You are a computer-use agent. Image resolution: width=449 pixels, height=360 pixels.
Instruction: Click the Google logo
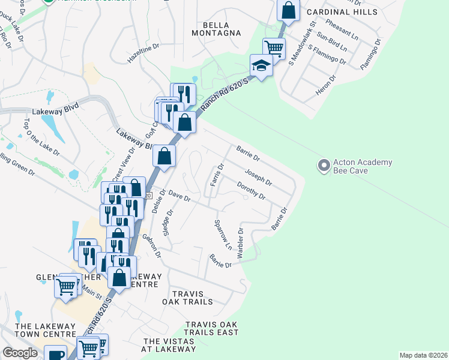click(x=20, y=353)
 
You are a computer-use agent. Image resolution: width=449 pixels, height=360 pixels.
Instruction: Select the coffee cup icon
click(x=56, y=355)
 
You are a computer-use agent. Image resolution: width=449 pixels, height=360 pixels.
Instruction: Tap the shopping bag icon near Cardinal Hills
click(x=288, y=10)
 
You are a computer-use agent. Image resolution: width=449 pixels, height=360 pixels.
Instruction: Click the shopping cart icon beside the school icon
click(x=274, y=47)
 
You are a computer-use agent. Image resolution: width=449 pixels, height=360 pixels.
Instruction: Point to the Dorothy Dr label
click(x=252, y=191)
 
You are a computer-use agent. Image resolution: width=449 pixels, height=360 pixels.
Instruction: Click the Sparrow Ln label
click(x=221, y=235)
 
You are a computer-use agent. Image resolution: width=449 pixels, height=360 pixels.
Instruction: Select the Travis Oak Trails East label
click(x=211, y=328)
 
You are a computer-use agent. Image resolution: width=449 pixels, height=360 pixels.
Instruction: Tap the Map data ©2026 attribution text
click(x=423, y=355)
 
